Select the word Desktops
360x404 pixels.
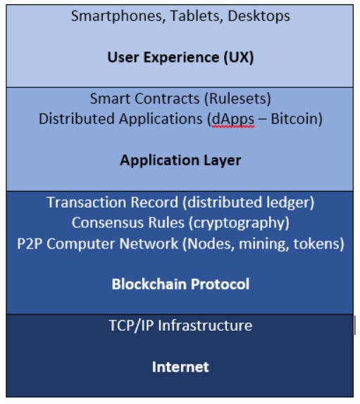coord(259,17)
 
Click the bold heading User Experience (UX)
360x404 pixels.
coord(180,57)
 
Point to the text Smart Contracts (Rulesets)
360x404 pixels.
coord(180,99)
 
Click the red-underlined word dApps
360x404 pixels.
coord(233,119)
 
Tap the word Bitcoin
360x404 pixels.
coord(294,119)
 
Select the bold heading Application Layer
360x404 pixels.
coord(180,160)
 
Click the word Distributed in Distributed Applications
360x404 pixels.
coord(77,119)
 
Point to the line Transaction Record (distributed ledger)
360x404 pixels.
coord(180,202)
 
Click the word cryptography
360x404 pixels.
coord(240,223)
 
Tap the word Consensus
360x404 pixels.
coord(107,222)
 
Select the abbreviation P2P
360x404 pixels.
coord(30,244)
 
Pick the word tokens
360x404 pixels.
coord(316,244)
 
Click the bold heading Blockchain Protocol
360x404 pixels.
coord(180,284)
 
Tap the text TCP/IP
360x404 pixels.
coord(131,326)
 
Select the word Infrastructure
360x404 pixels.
coord(205,326)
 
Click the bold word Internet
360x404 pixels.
coord(180,367)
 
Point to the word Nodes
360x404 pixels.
coord(211,244)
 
